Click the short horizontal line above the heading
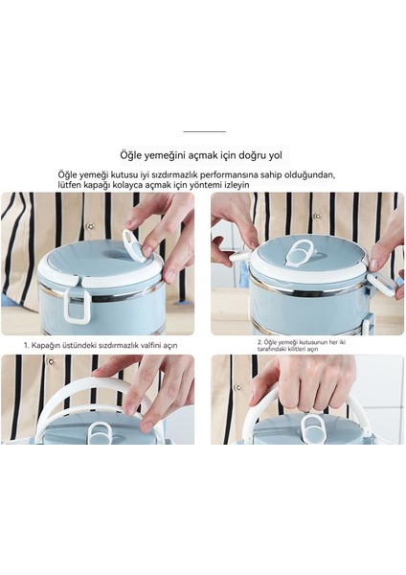[x=203, y=131]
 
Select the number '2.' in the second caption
[x=259, y=340]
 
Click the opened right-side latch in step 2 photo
[x=389, y=284]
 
